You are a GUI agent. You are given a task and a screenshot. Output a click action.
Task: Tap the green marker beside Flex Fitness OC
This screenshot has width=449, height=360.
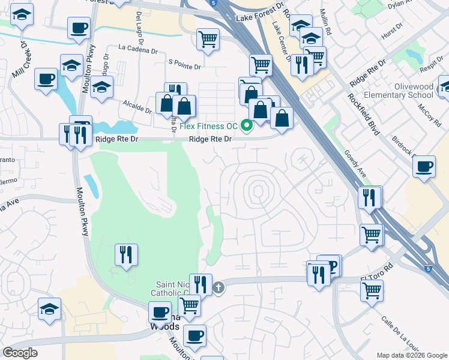click(x=246, y=126)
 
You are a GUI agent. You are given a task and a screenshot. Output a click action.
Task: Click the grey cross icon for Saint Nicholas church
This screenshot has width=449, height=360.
click(x=219, y=287)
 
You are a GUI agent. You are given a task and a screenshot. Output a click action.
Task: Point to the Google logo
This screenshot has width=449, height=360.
click(x=20, y=353)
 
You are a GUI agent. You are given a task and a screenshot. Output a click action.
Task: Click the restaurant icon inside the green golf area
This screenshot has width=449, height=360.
click(x=126, y=254)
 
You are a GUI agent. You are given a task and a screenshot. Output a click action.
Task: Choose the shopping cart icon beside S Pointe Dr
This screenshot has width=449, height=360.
click(x=208, y=40)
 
